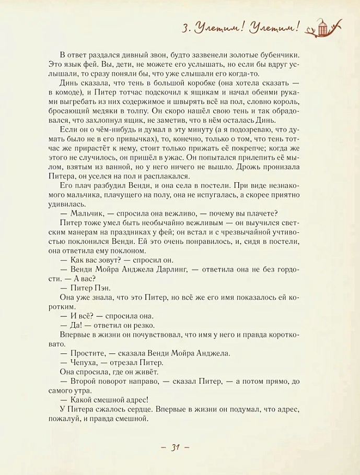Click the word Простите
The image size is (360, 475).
tap(86, 353)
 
